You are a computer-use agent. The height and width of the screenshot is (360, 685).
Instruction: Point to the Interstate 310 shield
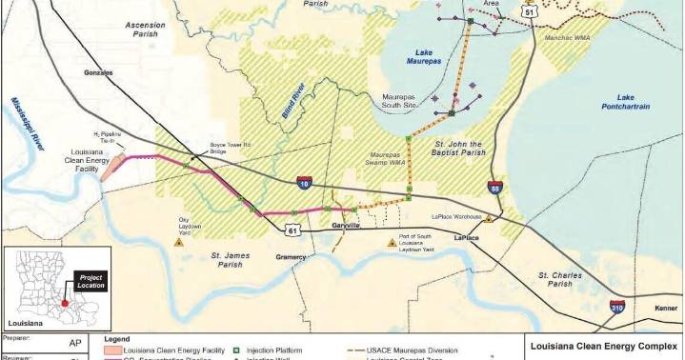click(x=618, y=307)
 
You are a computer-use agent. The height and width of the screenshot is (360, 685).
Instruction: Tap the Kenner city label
click(x=666, y=308)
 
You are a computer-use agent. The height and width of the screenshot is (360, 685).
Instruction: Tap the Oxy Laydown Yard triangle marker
click(x=177, y=242)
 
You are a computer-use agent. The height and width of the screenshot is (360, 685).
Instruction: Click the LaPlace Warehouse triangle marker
click(x=489, y=219)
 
